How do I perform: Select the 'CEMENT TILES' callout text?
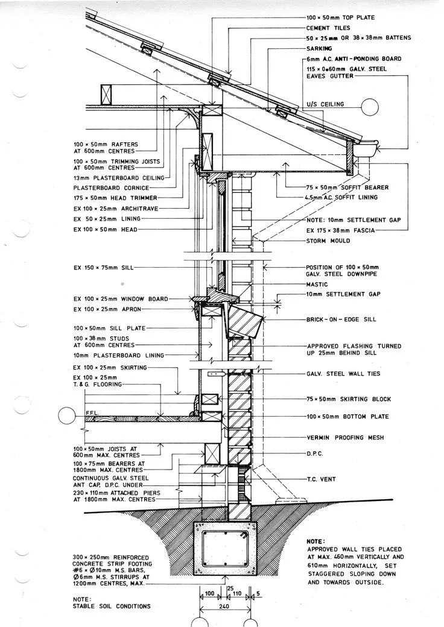(x=328, y=28)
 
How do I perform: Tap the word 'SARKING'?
(x=320, y=48)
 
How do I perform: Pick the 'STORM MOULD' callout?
(x=328, y=241)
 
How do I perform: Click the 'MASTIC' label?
(x=317, y=285)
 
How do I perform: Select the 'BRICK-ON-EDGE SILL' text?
(x=342, y=319)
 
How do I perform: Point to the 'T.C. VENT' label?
(x=322, y=480)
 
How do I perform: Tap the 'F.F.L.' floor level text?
(x=92, y=414)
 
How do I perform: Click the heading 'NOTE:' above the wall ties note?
(x=316, y=541)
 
